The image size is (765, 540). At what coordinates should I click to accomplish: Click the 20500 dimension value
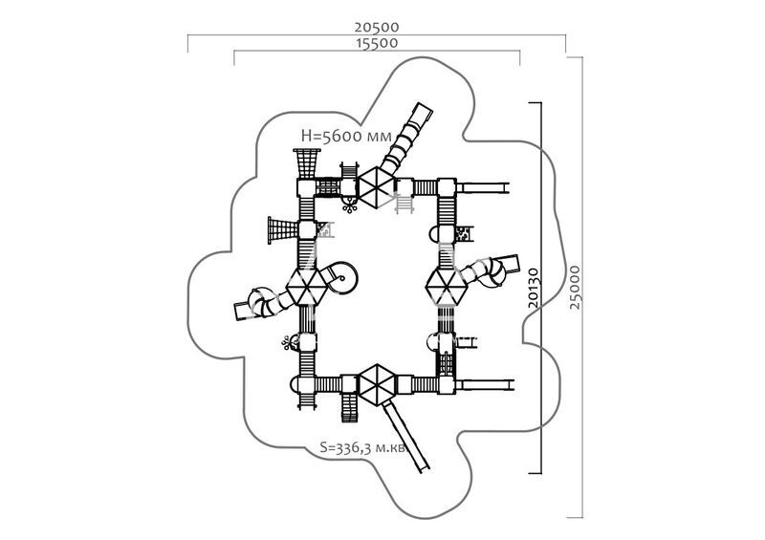(376, 28)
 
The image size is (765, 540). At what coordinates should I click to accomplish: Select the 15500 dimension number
(377, 43)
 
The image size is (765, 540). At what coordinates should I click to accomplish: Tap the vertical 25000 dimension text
(576, 287)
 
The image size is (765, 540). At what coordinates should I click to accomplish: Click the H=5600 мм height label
(346, 136)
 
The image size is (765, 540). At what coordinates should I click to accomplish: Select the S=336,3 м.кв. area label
(363, 447)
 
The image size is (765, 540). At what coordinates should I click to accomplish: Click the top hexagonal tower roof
(376, 187)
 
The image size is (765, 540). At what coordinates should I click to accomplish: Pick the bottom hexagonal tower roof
(376, 384)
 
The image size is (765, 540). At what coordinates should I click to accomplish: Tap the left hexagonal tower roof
(306, 286)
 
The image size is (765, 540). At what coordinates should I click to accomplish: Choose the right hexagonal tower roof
(447, 287)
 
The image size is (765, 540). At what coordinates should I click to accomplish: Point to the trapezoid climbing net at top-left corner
(306, 163)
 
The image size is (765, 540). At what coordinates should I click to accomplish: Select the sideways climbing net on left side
(283, 230)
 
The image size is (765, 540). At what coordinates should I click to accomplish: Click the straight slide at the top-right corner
(483, 187)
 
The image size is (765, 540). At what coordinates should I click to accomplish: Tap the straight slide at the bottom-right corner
(485, 385)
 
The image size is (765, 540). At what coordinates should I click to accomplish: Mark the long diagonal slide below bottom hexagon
(405, 436)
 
